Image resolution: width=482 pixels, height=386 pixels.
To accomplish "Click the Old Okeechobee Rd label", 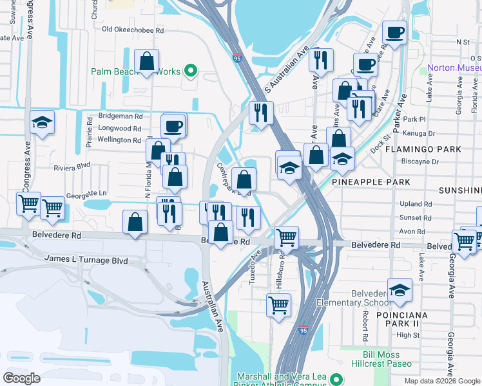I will click(133, 30).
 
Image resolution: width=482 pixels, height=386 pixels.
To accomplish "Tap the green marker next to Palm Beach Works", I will click(190, 71).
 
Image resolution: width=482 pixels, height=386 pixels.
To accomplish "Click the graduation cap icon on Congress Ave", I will click(42, 122).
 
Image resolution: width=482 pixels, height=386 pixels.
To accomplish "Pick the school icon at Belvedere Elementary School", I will click(400, 290).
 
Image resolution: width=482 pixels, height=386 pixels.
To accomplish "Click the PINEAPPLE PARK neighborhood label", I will click(371, 182).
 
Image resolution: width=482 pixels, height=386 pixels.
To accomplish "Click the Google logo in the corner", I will click(22, 378).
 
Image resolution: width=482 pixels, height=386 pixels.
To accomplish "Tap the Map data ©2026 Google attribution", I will click(442, 381).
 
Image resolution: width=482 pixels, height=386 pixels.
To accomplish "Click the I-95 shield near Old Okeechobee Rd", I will click(237, 57).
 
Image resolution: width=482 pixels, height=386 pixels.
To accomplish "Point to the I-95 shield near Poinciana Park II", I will click(303, 330).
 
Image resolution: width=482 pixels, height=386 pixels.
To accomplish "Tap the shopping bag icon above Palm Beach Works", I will click(148, 62).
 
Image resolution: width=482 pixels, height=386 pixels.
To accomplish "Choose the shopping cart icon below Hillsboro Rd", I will click(278, 305).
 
